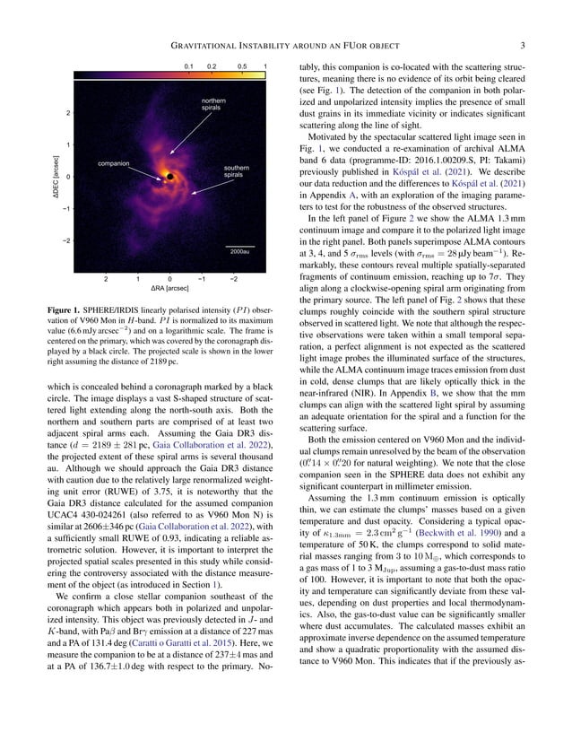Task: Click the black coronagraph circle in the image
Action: click(x=168, y=179)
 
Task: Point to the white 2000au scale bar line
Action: click(x=239, y=244)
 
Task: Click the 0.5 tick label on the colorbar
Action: click(x=242, y=66)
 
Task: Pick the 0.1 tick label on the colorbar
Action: click(x=189, y=66)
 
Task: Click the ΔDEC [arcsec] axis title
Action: click(x=55, y=178)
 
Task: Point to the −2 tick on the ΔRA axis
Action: click(x=233, y=278)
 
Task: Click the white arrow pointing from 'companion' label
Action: click(x=146, y=170)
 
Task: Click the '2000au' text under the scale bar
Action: click(x=239, y=252)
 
